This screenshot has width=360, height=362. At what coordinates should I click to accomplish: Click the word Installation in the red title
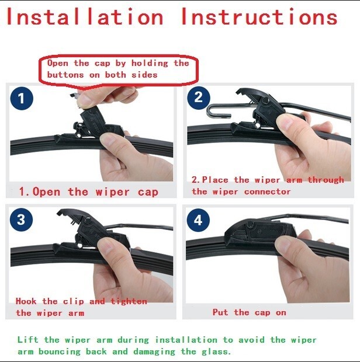[x=85, y=16]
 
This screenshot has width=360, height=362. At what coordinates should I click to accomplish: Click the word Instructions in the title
[x=259, y=16]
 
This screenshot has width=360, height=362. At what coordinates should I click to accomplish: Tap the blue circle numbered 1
[x=22, y=98]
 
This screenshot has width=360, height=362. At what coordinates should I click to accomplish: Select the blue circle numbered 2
[x=199, y=98]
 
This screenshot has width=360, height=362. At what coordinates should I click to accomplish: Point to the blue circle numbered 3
[x=21, y=220]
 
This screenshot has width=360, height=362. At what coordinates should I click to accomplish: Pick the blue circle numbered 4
[x=198, y=220]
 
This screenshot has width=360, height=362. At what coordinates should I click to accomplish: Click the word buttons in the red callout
[x=65, y=75]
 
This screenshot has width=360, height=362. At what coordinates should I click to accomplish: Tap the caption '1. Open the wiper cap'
[x=89, y=192]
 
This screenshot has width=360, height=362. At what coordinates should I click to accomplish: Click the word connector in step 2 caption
[x=267, y=192]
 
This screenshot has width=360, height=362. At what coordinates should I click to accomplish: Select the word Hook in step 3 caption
[x=26, y=301]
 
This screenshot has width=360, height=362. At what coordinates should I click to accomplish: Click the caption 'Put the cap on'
[x=250, y=312]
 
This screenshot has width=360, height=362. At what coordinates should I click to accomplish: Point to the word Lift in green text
[x=27, y=340]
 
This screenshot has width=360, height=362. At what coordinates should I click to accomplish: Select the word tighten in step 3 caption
[x=129, y=301]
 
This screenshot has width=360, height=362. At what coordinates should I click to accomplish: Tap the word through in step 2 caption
[x=326, y=180]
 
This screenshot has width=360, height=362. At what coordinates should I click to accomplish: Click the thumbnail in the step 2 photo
[x=286, y=121]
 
